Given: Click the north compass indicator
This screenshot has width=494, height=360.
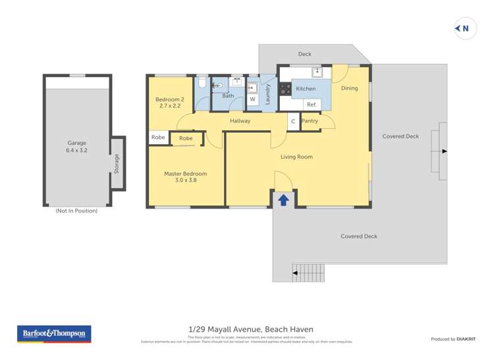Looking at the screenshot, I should pyautogui.click(x=466, y=28).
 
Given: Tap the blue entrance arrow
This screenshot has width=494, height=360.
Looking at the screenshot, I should pyautogui.click(x=283, y=199).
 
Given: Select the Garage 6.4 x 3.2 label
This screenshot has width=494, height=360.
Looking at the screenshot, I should pyautogui.click(x=77, y=146).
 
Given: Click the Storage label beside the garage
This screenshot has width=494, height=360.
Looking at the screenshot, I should pyautogui.click(x=117, y=163).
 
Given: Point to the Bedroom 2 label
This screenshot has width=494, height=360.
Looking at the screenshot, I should pyautogui.click(x=169, y=102).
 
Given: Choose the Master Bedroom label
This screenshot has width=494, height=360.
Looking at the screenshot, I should pyautogui.click(x=185, y=176).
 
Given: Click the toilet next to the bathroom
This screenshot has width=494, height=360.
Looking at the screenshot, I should pyautogui.click(x=202, y=85).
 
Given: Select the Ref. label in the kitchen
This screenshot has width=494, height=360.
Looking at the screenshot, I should pyautogui.click(x=312, y=105).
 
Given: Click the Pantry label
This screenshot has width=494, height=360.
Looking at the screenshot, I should pyautogui.click(x=310, y=121).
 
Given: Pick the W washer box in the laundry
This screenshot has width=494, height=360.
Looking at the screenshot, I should pyautogui.click(x=252, y=99).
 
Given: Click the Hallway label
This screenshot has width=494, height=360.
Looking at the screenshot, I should pyautogui.click(x=240, y=121).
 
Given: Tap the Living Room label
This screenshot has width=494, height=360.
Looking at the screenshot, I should pyautogui.click(x=296, y=157).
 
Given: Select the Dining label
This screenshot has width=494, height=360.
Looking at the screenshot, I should pyautogui.click(x=349, y=88).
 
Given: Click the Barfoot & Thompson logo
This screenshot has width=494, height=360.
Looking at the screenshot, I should pyautogui.click(x=54, y=334).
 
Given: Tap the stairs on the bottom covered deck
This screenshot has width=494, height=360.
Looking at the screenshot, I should pyautogui.click(x=308, y=270).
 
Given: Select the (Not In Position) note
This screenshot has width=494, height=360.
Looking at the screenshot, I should pyautogui.click(x=76, y=211).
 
